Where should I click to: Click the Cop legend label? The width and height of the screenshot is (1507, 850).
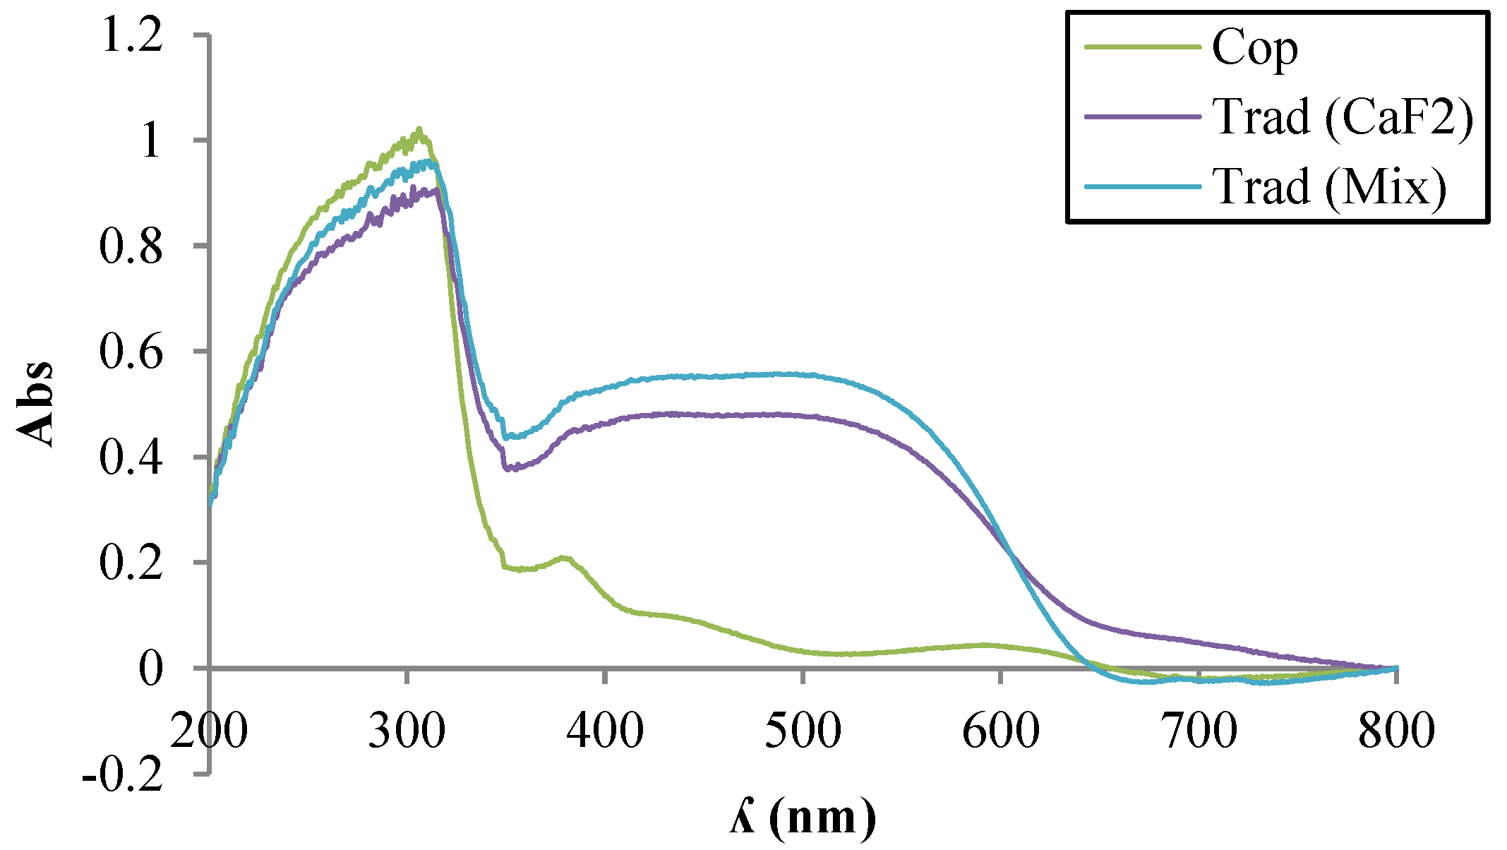click(x=1254, y=49)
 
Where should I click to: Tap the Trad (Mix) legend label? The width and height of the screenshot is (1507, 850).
click(x=1329, y=187)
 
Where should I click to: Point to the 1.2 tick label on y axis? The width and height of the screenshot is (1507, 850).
click(x=132, y=35)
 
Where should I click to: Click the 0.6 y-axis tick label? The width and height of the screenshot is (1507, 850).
click(x=131, y=352)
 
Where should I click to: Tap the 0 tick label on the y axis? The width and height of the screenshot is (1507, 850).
click(x=150, y=669)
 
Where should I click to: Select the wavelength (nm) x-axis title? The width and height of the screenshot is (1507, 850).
click(x=803, y=818)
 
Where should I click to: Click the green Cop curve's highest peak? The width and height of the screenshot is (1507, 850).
click(x=419, y=131)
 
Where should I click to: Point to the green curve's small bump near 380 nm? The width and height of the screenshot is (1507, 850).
click(x=563, y=558)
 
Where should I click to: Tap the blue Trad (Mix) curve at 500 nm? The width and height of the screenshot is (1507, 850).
click(x=803, y=374)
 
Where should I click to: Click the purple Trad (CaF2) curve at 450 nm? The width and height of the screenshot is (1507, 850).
click(x=704, y=414)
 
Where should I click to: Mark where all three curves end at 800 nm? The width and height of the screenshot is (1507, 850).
click(x=1395, y=668)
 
